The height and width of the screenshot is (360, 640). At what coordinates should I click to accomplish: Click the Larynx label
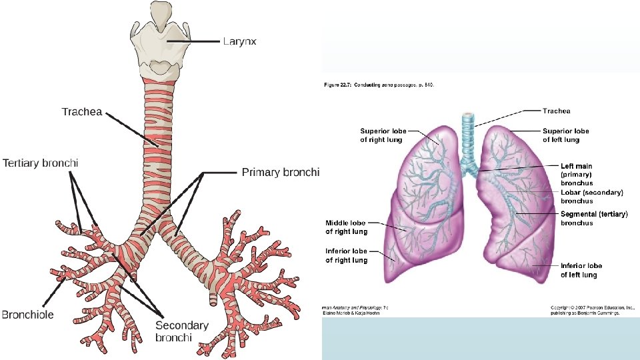point(239,41)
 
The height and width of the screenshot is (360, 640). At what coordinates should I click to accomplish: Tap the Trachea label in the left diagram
point(82,111)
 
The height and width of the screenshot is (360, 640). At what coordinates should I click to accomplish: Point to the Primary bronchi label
point(281,172)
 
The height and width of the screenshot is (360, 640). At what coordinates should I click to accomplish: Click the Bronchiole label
point(28,314)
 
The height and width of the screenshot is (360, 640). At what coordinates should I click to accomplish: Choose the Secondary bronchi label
point(182,331)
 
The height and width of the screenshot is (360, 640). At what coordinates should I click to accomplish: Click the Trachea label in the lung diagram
point(556,111)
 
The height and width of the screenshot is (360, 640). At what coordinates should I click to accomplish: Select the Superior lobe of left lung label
point(565,135)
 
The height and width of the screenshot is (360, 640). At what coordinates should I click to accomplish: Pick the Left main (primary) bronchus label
point(567,174)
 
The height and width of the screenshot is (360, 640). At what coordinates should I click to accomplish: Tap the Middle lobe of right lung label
point(346,227)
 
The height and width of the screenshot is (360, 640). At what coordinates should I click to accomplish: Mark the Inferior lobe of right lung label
point(346,255)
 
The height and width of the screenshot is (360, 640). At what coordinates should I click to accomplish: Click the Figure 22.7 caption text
point(377,85)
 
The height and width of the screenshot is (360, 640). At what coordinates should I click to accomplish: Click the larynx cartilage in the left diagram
point(159,40)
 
